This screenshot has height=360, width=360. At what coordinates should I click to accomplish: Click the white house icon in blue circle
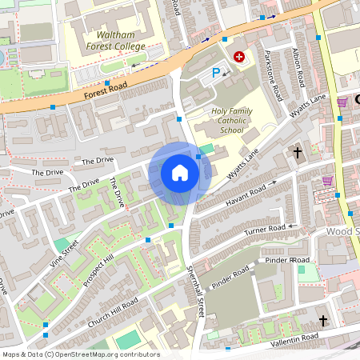(x=180, y=172)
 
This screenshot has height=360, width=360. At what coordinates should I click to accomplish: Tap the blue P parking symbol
(x=214, y=74)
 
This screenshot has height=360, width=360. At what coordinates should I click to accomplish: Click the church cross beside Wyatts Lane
(x=298, y=151)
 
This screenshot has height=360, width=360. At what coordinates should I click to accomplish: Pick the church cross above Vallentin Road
(x=323, y=320)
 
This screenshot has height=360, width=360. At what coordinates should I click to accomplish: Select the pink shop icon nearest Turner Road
(x=327, y=180)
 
